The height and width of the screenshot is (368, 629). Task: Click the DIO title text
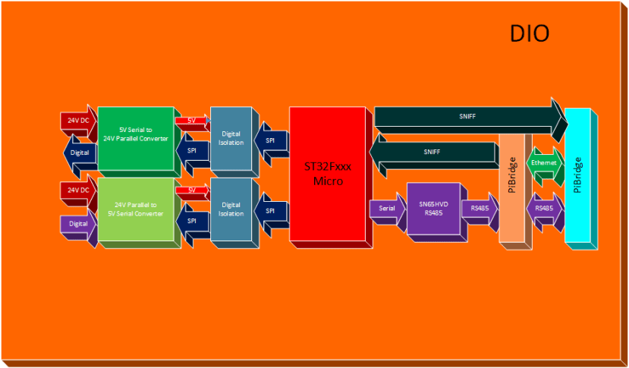[x=530, y=34]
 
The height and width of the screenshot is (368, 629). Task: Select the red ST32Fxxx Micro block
[x=328, y=174]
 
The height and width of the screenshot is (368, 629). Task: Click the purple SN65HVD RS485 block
[x=433, y=208]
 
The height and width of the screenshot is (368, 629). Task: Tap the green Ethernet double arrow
[x=544, y=164]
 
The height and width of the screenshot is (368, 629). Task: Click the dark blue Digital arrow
[x=79, y=153]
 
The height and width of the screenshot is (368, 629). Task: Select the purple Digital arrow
[x=79, y=225]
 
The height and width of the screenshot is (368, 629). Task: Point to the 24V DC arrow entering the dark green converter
[x=79, y=121]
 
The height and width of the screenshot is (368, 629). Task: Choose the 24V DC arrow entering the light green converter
[x=79, y=190]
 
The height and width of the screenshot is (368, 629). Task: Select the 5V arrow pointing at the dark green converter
[x=192, y=121]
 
